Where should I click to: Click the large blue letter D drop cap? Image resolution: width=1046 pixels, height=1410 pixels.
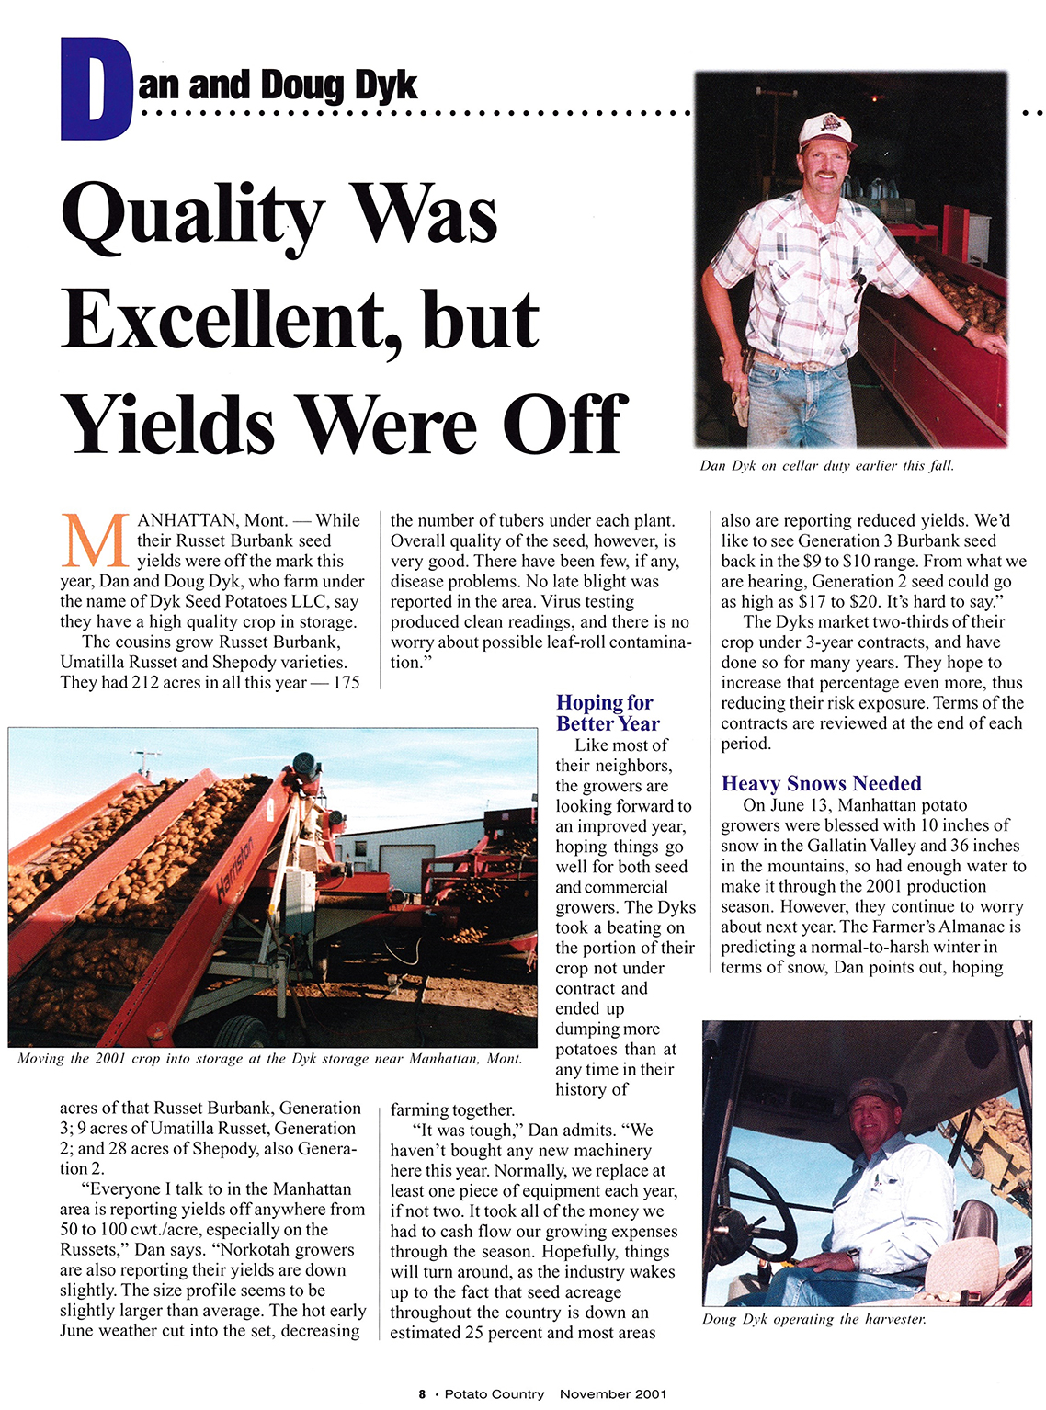(96, 89)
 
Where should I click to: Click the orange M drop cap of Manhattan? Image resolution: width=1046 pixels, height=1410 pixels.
(95, 541)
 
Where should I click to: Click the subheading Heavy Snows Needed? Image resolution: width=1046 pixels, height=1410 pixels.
(821, 783)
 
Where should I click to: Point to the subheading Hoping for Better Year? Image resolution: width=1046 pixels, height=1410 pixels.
(606, 712)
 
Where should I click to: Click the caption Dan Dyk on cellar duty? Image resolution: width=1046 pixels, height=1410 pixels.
(826, 466)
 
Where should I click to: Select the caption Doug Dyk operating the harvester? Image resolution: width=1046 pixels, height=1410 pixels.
(813, 1319)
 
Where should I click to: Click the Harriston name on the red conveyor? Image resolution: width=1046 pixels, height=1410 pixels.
(236, 867)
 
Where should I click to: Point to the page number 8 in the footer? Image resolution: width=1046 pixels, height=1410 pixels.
(422, 1394)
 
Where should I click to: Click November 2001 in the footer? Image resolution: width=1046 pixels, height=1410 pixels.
(612, 1394)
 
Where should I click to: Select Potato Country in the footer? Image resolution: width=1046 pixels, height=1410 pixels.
(494, 1394)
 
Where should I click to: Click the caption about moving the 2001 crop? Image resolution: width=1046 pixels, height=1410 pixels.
(269, 1059)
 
